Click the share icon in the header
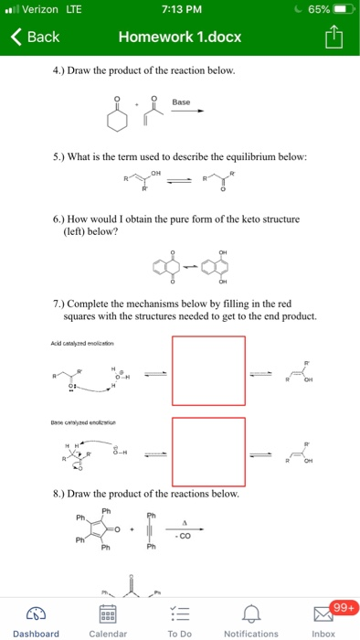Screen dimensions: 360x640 335,37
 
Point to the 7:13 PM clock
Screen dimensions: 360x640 179,10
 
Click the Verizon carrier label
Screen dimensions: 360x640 41,10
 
